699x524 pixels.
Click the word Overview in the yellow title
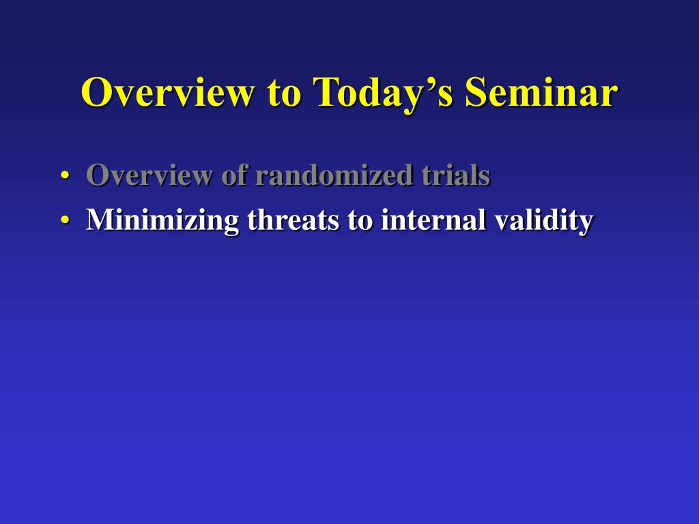(x=169, y=92)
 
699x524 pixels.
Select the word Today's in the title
(x=383, y=93)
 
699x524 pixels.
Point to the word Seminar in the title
(x=541, y=92)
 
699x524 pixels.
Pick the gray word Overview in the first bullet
(x=149, y=175)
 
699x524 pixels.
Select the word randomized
(x=334, y=175)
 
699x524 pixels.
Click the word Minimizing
(x=162, y=220)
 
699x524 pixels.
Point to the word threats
(x=293, y=220)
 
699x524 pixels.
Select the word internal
(x=433, y=220)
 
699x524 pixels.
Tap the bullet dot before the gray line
(x=65, y=175)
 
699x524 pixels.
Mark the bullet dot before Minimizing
(x=65, y=220)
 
